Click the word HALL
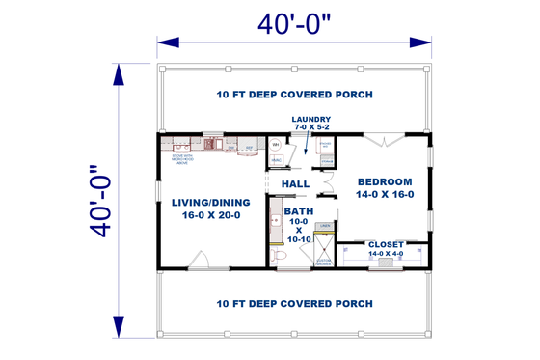coord(295,183)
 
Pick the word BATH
coord(298,211)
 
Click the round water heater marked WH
coord(275,146)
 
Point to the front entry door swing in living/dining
coord(200,260)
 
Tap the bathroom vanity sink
coord(272,227)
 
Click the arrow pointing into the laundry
coord(307,147)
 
